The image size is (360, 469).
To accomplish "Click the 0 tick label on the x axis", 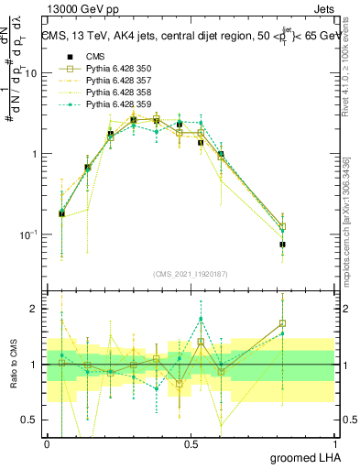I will tap(47, 444).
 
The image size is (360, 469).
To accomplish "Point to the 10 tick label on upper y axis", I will tap(30, 73).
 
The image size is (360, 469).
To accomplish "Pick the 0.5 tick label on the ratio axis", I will tap(31, 420).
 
